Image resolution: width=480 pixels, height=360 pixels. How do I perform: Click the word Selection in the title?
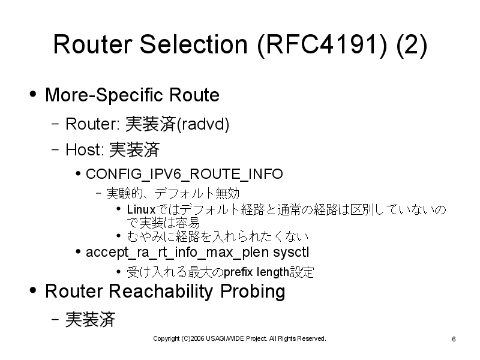(x=193, y=44)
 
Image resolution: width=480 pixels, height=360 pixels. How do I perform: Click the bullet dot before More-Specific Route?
(x=33, y=94)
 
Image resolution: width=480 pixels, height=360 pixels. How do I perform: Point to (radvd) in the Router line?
(x=203, y=124)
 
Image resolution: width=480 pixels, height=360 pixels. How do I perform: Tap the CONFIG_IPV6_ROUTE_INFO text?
(x=184, y=174)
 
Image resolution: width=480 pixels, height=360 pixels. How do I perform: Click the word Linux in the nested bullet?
(x=141, y=209)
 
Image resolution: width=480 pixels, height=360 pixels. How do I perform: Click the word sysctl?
(x=291, y=253)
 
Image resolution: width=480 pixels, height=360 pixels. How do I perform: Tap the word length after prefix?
(x=273, y=272)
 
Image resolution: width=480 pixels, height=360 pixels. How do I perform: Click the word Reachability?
(x=161, y=291)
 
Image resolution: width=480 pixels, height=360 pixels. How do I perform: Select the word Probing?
(x=253, y=292)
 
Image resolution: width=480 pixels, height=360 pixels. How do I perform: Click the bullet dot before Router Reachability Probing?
(x=33, y=290)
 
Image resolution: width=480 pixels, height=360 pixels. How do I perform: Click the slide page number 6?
(x=454, y=339)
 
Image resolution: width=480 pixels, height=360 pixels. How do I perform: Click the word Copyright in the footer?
(x=166, y=339)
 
